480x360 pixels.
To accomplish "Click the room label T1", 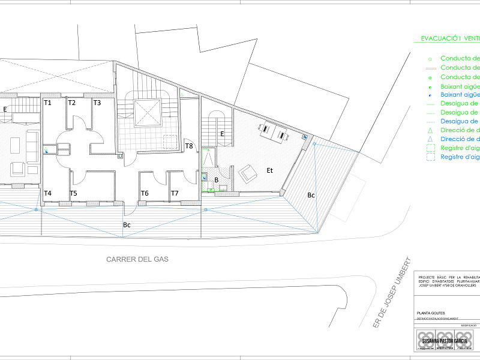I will [48, 103].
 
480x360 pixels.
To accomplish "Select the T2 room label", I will [72, 103].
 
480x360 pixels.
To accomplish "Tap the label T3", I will [97, 103].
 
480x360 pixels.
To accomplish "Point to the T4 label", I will [48, 193].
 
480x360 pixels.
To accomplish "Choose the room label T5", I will [73, 193].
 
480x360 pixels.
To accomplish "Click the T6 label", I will [145, 193].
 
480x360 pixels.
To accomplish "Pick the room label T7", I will [175, 193].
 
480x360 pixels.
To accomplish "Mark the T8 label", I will [189, 146].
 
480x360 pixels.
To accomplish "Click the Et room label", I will [270, 171].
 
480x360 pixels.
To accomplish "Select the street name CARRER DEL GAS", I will [137, 260].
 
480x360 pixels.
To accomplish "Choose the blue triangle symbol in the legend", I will [430, 139].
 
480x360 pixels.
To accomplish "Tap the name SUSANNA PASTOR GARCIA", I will [445, 341].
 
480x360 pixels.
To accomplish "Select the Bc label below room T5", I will [127, 224].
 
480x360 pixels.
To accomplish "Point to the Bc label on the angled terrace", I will [311, 195].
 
